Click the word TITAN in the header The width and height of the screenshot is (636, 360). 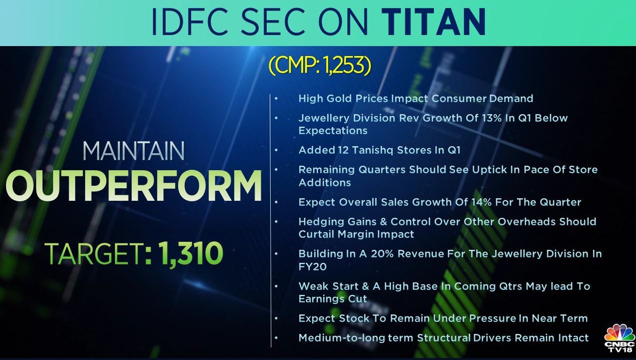pos(433,22)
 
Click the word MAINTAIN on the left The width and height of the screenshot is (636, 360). pos(134,151)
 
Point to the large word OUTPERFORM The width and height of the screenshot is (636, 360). pos(134,186)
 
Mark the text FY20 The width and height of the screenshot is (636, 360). pos(312,267)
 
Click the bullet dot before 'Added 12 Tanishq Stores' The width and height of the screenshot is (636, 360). pos(276,150)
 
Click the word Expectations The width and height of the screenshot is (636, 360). pos(333,131)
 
